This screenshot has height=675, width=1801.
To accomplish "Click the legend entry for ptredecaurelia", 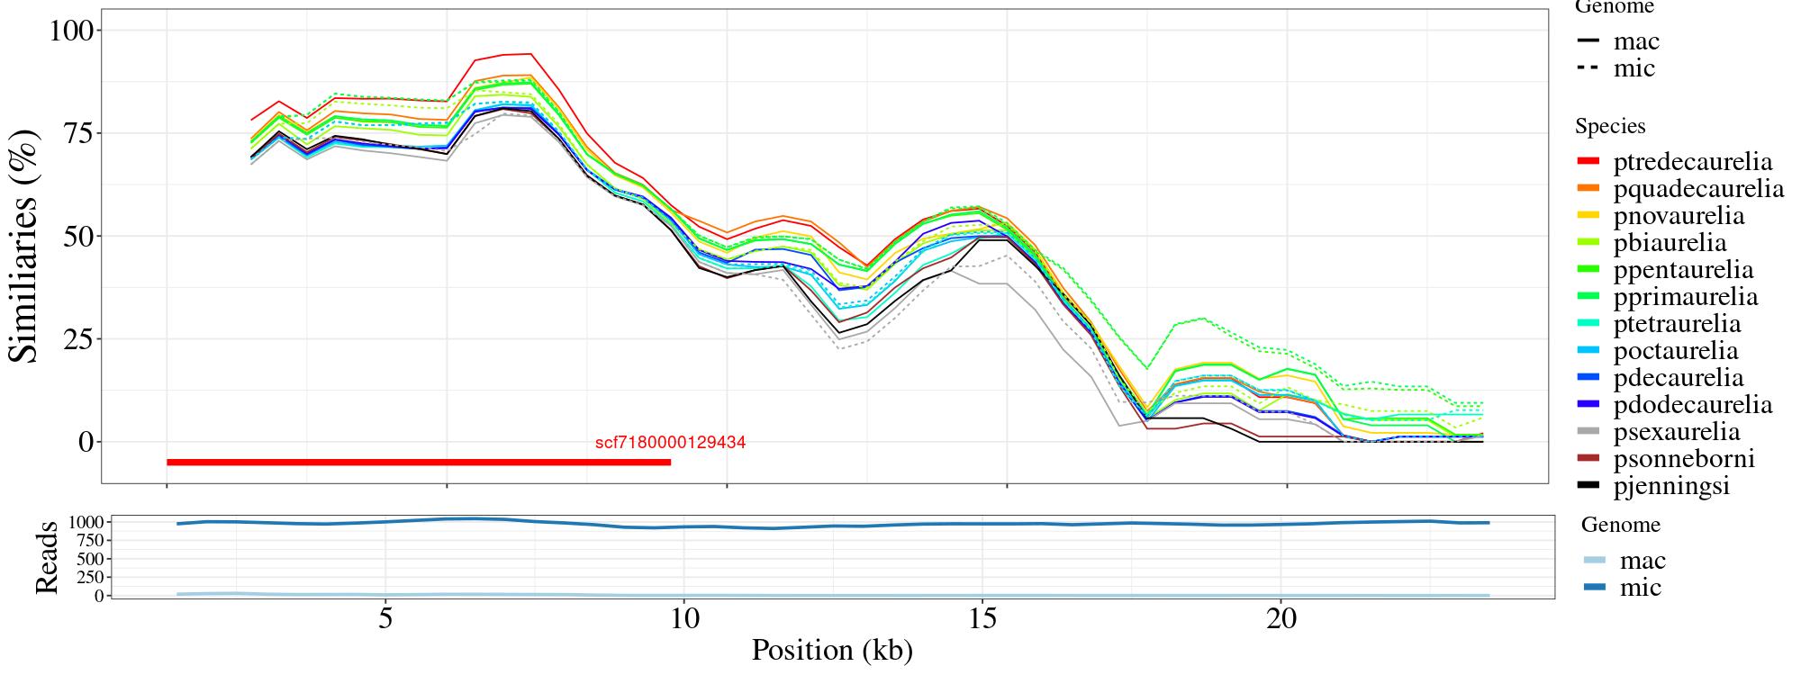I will (1692, 162).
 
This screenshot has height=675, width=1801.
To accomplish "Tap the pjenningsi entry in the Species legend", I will (1671, 486).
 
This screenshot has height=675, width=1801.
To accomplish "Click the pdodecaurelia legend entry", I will (1692, 405).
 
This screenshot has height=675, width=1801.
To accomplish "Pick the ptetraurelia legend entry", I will (1677, 324).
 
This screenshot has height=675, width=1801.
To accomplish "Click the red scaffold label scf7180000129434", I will (670, 443).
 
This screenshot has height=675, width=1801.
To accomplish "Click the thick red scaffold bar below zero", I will (419, 463).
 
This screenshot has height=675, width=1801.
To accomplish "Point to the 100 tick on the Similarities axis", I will (71, 31).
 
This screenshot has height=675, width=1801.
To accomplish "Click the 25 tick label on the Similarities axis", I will (77, 339).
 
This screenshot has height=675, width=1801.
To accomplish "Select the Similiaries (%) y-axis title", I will (24, 245).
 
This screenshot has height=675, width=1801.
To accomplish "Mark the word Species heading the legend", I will (1610, 127).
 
